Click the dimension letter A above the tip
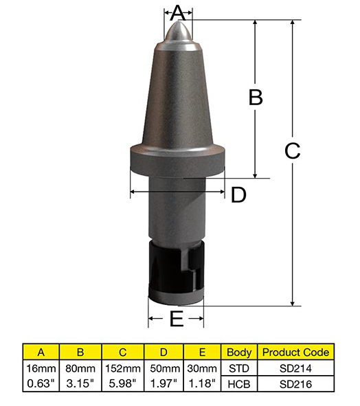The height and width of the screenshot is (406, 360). [x=178, y=13]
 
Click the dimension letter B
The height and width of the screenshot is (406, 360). [x=256, y=98]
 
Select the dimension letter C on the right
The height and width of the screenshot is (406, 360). [x=293, y=151]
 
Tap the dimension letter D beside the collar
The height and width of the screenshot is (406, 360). [x=238, y=195]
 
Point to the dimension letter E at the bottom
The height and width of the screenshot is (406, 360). [x=177, y=319]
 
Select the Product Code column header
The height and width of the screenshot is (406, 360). [x=295, y=352]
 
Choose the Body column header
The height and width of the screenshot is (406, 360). [x=239, y=352]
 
